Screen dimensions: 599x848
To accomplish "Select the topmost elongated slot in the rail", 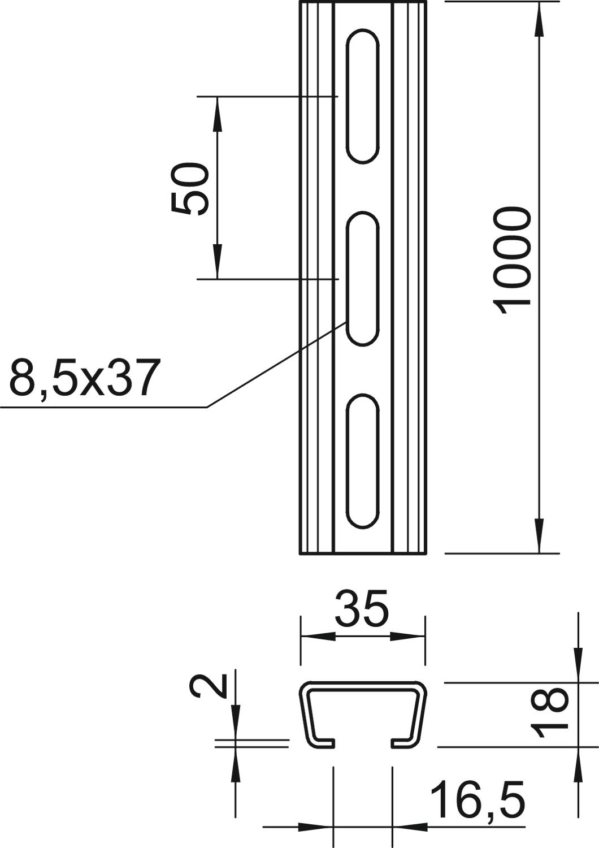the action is pos(363,96).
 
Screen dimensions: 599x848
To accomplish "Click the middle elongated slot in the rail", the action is pos(363,279).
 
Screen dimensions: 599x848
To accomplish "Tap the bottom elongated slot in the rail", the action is pos(363,461).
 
